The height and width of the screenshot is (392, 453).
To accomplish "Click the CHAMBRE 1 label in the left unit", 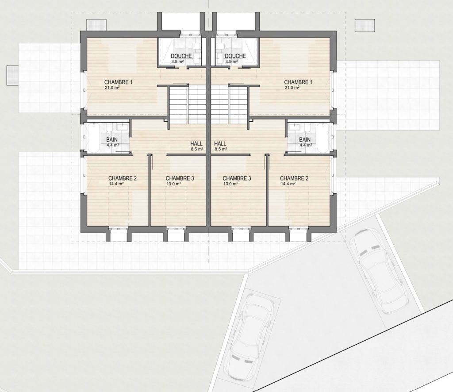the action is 118,82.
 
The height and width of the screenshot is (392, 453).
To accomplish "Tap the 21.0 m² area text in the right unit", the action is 292,88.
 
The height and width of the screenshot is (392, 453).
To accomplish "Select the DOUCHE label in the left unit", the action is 181,56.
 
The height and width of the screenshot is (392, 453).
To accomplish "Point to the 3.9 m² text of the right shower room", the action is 231,61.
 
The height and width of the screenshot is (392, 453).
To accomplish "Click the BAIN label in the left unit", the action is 112,140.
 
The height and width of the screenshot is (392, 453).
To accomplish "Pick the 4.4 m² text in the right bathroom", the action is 306,145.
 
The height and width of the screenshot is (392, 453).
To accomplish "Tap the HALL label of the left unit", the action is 196,143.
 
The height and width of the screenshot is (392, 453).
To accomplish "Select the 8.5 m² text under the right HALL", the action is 220,149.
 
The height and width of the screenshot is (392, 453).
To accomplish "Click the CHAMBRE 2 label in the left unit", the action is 123,178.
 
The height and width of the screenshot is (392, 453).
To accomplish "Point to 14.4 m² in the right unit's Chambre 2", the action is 288,184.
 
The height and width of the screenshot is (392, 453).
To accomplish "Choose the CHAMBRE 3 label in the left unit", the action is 180,178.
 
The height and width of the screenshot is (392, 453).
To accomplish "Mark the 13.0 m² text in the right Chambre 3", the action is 230,184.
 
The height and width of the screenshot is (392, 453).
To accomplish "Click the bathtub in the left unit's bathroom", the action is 93,138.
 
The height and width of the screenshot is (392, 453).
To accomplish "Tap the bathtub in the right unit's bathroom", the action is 322,138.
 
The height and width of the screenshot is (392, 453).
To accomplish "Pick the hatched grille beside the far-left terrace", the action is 13,75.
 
